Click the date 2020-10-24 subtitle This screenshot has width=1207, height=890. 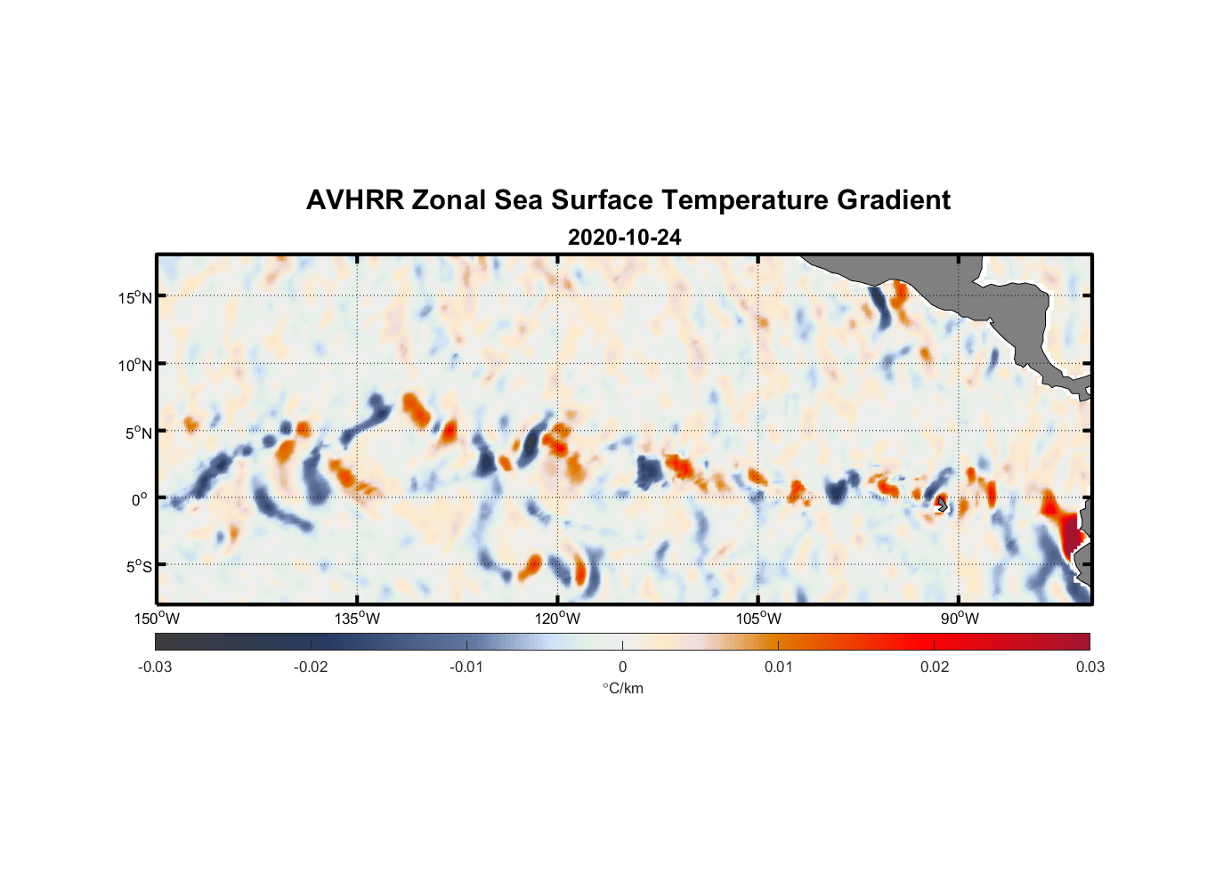(x=624, y=238)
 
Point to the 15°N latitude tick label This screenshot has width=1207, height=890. (x=135, y=297)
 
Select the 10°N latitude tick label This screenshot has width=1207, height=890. (x=135, y=365)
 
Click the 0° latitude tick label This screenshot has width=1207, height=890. (x=140, y=499)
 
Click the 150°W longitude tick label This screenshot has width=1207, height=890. (x=158, y=619)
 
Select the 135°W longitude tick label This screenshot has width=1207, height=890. (x=358, y=619)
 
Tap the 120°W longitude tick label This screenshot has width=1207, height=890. (x=558, y=619)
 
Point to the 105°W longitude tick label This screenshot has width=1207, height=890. (x=758, y=619)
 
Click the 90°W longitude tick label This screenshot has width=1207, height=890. (x=959, y=619)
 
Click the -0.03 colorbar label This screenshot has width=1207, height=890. (x=155, y=667)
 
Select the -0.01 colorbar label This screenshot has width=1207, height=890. (x=466, y=667)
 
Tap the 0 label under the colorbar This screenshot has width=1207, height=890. (x=622, y=667)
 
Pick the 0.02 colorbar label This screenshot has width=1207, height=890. (x=935, y=667)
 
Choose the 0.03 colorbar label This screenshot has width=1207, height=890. (x=1090, y=667)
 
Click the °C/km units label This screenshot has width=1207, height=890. (x=622, y=688)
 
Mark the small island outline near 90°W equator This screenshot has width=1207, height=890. (x=942, y=505)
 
